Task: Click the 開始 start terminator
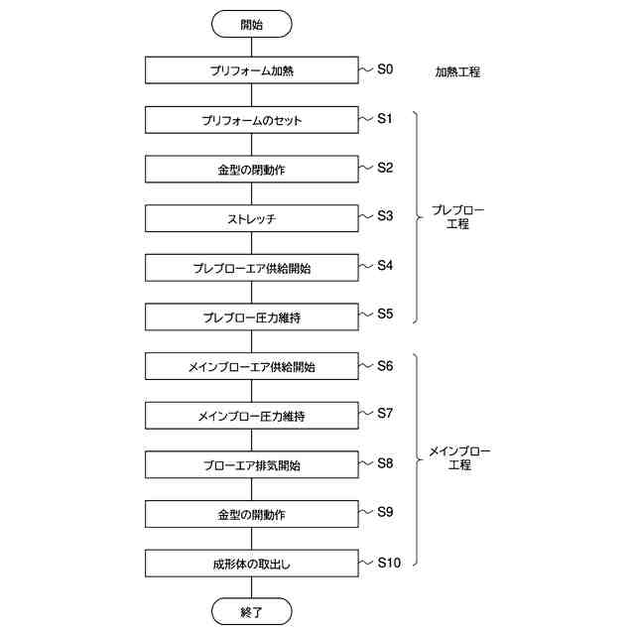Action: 251,24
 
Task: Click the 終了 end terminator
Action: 251,612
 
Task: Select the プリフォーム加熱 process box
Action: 251,71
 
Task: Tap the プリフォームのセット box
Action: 251,120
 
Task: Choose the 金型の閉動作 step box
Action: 251,170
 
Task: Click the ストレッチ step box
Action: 251,218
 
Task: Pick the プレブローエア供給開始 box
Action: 251,268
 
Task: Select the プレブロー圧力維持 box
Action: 251,317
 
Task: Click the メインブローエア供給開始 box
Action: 251,367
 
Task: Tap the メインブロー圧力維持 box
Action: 251,416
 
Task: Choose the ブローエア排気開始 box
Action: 251,465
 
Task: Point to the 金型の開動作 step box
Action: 251,514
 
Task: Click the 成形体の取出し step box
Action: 251,564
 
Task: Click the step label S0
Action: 385,69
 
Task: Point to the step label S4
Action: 385,266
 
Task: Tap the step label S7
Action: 385,413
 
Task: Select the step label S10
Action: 389,562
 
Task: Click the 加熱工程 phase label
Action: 457,72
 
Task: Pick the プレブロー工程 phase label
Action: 457,217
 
